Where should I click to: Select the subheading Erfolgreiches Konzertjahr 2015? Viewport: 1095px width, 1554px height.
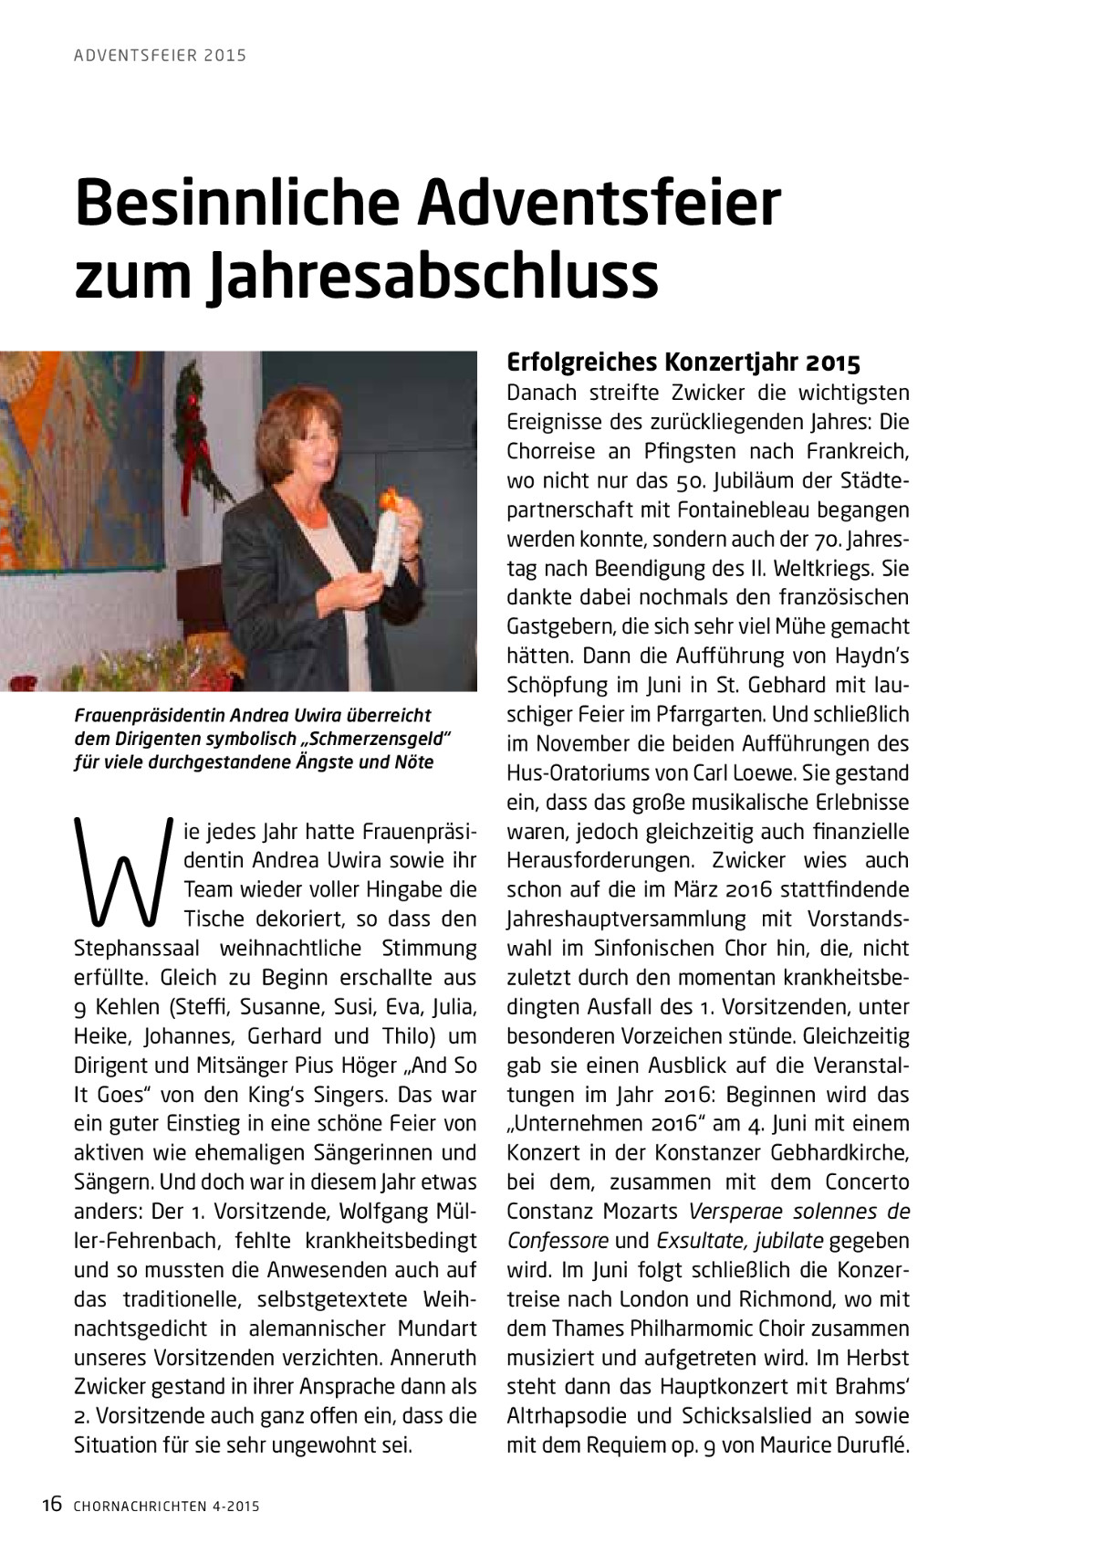(x=683, y=362)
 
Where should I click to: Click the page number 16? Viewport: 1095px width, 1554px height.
(x=51, y=1505)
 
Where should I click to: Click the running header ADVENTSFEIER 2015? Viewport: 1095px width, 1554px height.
(x=160, y=56)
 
